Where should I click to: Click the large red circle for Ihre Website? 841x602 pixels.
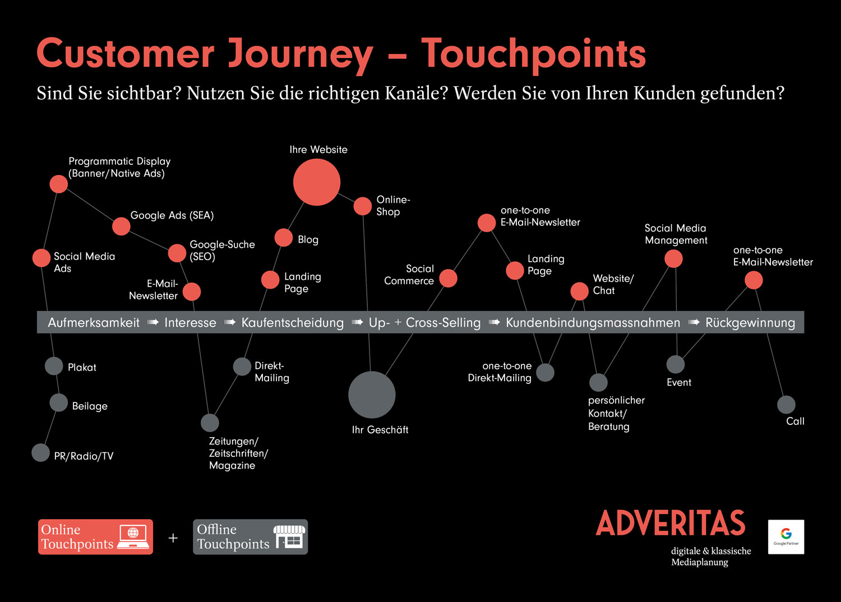pyautogui.click(x=317, y=182)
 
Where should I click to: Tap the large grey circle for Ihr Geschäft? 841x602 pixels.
pyautogui.click(x=372, y=395)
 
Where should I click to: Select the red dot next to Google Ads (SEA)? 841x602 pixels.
pyautogui.click(x=121, y=226)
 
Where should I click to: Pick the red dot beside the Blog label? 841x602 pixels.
pyautogui.click(x=284, y=238)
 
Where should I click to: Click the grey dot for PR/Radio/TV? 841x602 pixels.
pyautogui.click(x=40, y=453)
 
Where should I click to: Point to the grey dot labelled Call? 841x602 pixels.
pyautogui.click(x=786, y=405)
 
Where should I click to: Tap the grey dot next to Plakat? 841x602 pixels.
pyautogui.click(x=54, y=366)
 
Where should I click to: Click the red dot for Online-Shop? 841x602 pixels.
pyautogui.click(x=363, y=206)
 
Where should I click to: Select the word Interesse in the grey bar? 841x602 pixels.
pyautogui.click(x=191, y=322)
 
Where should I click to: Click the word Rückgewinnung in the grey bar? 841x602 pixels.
pyautogui.click(x=750, y=323)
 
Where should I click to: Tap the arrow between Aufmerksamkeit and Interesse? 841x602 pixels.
pyautogui.click(x=153, y=322)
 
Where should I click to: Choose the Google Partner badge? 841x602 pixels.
pyautogui.click(x=786, y=536)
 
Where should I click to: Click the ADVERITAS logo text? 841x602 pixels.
pyautogui.click(x=671, y=523)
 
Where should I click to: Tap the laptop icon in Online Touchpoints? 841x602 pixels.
pyautogui.click(x=133, y=537)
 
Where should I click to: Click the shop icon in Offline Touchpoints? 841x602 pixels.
pyautogui.click(x=289, y=537)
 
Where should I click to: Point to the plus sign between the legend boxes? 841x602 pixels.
pyautogui.click(x=173, y=538)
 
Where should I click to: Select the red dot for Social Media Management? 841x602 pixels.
pyautogui.click(x=673, y=259)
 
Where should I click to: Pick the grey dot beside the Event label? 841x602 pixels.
pyautogui.click(x=676, y=364)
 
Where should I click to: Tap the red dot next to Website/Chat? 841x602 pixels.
pyautogui.click(x=579, y=291)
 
